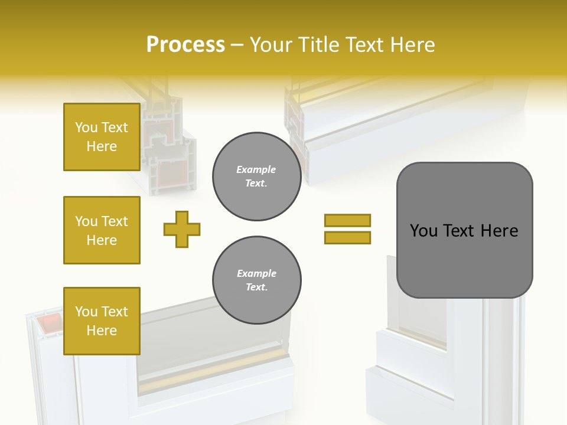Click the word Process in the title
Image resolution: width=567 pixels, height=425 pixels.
coord(185,44)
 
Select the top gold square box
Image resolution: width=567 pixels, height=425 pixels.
coord(102,137)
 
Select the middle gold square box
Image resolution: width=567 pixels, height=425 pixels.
coord(102,230)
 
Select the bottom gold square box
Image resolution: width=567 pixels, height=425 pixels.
coord(102,321)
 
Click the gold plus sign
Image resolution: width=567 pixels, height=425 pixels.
coord(182,229)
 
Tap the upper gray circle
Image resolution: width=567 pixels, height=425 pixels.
coord(256,176)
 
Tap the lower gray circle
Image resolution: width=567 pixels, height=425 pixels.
coord(256,280)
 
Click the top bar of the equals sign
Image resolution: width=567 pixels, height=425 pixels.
coord(347,220)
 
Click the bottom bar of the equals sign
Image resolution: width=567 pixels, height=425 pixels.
coord(347,237)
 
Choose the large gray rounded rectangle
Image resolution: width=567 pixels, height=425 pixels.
coord(464,260)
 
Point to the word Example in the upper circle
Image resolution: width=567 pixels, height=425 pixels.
coord(256,169)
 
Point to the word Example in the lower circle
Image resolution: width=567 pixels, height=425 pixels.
coord(256,273)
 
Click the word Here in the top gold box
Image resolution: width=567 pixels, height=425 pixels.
coord(102,146)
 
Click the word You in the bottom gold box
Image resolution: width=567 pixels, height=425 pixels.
coord(86,312)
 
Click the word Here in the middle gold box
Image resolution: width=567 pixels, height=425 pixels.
coord(102,240)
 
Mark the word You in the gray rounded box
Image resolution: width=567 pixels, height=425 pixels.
coord(423,231)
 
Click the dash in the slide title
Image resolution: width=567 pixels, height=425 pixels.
coord(237,45)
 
